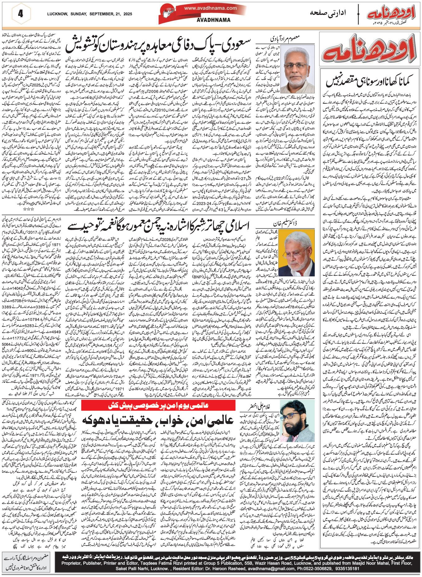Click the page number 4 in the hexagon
point(21,14)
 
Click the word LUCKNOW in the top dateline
point(58,14)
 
